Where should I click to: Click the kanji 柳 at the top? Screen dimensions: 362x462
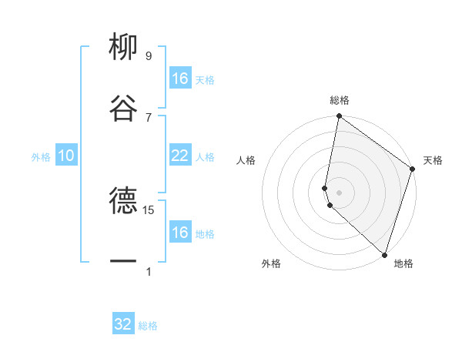123,47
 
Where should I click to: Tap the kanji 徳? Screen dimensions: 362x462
123,202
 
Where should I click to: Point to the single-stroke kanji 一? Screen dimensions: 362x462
123,262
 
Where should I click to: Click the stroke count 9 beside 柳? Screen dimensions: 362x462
149,56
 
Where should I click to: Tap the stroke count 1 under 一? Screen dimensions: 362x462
149,271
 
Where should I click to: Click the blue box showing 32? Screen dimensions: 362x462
123,324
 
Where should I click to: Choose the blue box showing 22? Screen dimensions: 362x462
179,156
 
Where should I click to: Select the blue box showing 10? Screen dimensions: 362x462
66,156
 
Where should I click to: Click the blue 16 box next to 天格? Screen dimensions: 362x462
179,79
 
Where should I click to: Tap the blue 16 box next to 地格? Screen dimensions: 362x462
179,233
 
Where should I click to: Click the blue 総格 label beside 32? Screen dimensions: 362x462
148,326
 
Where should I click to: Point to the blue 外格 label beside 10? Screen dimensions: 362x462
41,157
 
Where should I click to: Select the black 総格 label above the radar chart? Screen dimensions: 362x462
340,101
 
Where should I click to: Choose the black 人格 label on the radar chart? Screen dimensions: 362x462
246,160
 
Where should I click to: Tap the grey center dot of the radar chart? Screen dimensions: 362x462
339,191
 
